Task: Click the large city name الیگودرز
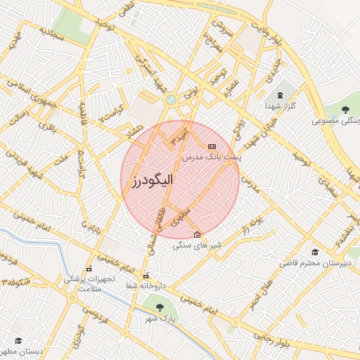click(x=151, y=181)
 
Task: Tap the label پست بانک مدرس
click(x=212, y=157)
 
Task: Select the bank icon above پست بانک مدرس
click(x=212, y=146)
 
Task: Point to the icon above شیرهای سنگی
click(x=197, y=234)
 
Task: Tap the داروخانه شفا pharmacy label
click(x=146, y=285)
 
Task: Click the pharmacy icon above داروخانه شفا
click(x=146, y=274)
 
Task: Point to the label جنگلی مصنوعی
click(x=336, y=121)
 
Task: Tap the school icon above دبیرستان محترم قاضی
click(x=315, y=252)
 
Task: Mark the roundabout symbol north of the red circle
click(x=170, y=100)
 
